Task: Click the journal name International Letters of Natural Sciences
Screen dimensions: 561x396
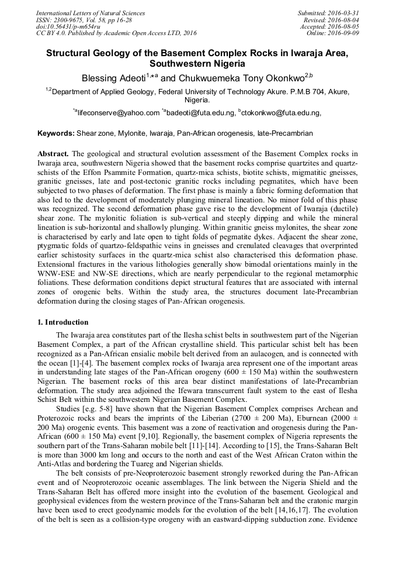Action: [x=91, y=13]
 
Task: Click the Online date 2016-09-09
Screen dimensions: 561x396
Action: [x=344, y=33]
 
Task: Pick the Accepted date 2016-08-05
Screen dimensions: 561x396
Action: [x=344, y=26]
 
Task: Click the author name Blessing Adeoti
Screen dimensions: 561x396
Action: [x=116, y=78]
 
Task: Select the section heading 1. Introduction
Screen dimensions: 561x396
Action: [x=63, y=322]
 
